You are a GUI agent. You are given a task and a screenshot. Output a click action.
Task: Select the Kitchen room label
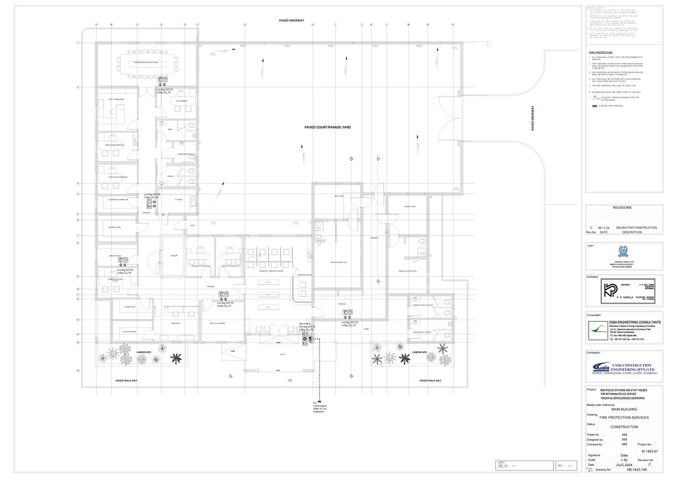[178, 200]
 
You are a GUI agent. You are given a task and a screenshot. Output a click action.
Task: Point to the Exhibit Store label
[115, 227]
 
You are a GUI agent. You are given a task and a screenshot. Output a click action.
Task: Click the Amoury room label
[174, 255]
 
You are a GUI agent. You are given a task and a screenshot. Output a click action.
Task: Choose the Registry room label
[175, 323]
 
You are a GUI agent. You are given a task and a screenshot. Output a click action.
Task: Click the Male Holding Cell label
[337, 262]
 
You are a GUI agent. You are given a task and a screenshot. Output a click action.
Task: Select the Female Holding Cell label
[407, 271]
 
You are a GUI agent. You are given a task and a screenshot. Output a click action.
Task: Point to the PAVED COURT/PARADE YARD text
[328, 127]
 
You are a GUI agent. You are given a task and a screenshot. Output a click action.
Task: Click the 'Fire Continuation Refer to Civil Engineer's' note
[319, 408]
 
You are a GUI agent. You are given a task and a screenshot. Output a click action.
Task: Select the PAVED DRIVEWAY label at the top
[292, 20]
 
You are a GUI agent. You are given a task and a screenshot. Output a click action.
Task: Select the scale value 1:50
[624, 460]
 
